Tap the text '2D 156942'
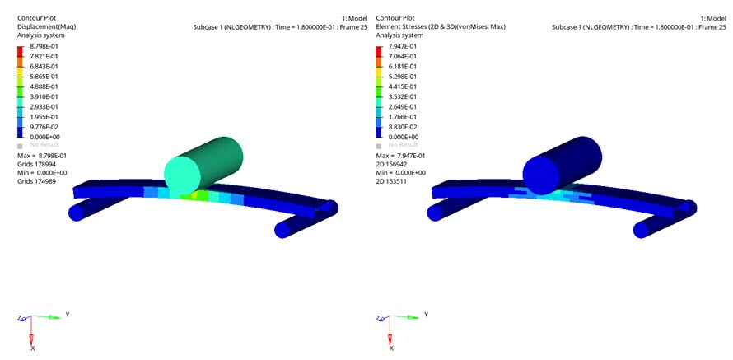click(x=390, y=164)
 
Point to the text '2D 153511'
click(x=390, y=181)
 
